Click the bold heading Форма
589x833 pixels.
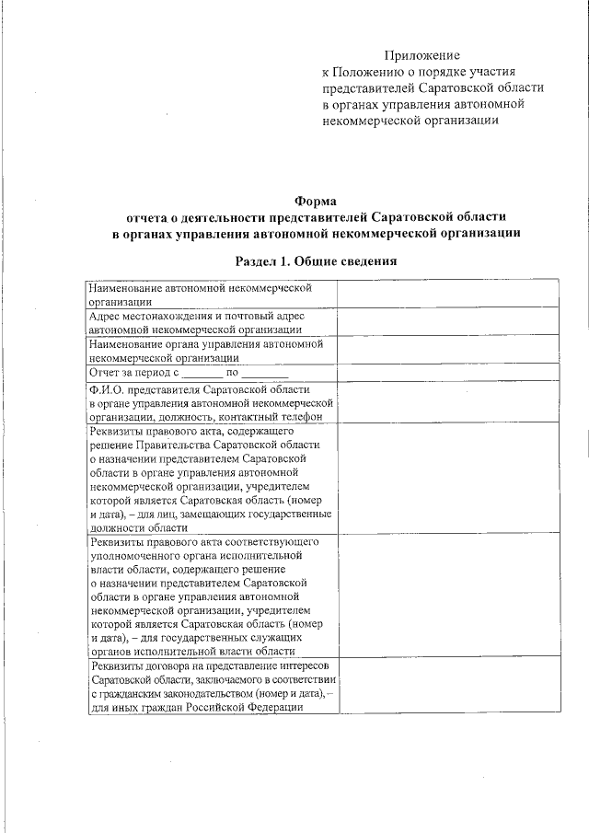click(316, 201)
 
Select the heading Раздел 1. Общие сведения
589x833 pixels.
click(316, 261)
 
